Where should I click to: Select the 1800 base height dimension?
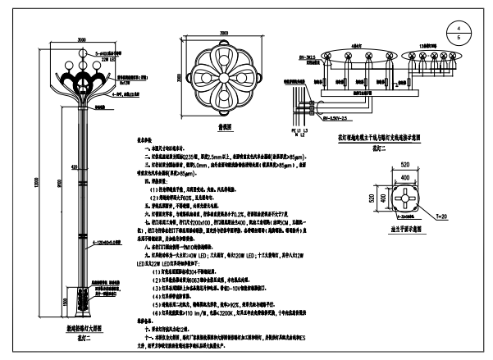point(67,301)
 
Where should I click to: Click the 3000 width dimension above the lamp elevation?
point(82,39)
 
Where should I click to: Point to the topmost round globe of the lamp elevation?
point(82,52)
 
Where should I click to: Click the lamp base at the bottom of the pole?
point(82,308)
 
